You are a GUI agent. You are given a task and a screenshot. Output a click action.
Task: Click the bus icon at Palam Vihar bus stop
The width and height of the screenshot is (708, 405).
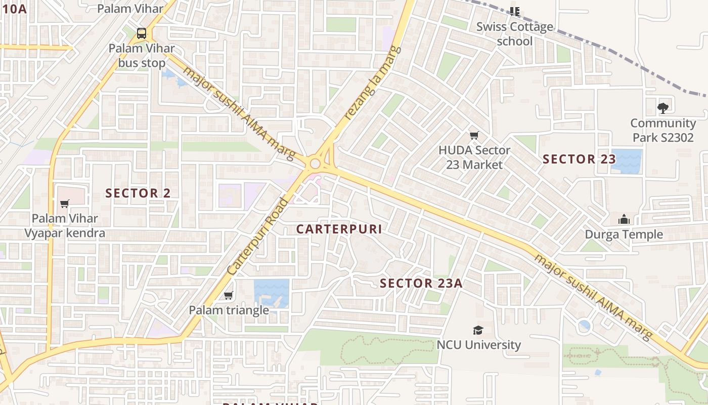tap(142, 34)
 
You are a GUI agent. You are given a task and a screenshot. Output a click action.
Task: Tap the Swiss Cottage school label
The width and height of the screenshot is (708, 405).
tap(515, 33)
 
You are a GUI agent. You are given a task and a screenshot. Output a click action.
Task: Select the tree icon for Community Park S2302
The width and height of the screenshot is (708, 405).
tap(662, 108)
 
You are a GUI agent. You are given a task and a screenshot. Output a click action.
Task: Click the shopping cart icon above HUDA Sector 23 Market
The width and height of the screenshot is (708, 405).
tap(474, 135)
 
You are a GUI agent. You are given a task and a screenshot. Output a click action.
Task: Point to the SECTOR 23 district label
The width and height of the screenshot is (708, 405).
tap(579, 159)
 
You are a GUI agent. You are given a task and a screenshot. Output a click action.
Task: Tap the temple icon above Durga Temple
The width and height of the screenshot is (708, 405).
tap(624, 219)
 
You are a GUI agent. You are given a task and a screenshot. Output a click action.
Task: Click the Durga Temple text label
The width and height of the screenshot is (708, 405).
tap(624, 234)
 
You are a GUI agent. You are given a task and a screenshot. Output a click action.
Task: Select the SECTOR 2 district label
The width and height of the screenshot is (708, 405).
tap(138, 193)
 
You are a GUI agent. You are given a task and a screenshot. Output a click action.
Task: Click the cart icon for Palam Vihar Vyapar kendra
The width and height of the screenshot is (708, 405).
tap(64, 204)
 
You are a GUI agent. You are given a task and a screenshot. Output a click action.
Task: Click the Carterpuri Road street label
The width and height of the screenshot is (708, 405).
tap(257, 237)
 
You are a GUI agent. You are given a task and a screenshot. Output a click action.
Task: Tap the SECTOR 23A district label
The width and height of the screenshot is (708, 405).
tap(421, 283)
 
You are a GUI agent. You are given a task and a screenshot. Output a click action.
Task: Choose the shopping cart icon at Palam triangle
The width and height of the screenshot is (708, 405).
tap(228, 295)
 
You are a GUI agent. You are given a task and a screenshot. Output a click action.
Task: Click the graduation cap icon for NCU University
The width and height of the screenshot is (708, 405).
tap(478, 330)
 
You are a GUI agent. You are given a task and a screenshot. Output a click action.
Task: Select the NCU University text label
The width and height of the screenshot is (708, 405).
tap(478, 345)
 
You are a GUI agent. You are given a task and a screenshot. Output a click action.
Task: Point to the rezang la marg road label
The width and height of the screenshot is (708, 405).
tap(373, 84)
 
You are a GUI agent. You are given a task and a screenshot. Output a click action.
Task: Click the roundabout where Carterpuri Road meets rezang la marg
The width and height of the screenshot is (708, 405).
tap(316, 164)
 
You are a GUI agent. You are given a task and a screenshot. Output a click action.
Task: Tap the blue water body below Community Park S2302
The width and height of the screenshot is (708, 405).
tap(626, 161)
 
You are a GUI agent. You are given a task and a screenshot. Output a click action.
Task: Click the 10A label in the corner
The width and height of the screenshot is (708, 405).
tap(14, 8)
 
